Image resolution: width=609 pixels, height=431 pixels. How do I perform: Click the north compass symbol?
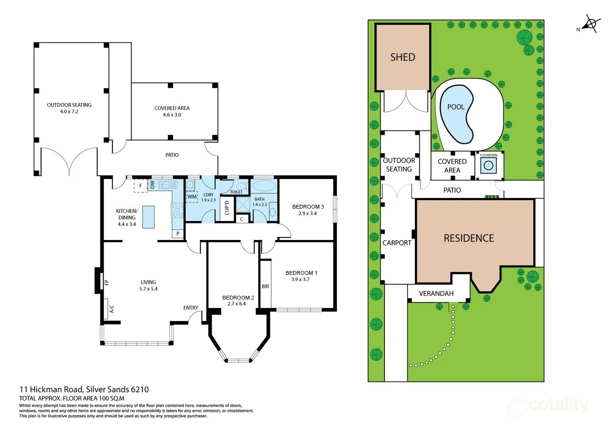coord(590,24)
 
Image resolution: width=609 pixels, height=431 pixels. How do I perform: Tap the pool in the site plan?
coord(457,114)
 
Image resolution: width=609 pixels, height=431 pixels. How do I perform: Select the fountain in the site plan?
coord(489,165)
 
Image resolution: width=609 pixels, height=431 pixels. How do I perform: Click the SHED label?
coord(403,57)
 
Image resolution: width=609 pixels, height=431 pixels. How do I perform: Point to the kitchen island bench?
coord(148,217)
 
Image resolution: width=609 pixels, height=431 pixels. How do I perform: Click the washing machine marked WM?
coord(192,196)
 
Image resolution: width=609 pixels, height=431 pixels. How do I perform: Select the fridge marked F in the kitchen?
coord(141,186)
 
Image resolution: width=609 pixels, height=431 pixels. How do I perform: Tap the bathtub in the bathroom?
coord(263,186)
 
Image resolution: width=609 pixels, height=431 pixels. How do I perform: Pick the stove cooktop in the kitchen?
coord(177,210)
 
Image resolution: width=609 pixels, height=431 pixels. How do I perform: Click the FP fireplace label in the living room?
coord(107,282)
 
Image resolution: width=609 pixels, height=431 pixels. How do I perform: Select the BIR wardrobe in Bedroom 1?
coord(265,286)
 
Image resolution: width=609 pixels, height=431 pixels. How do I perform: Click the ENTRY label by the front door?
coord(191,308)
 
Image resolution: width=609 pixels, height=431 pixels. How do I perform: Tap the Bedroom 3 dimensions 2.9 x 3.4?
coord(308,213)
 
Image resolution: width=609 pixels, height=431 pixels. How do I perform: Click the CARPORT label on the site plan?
coord(397,243)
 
